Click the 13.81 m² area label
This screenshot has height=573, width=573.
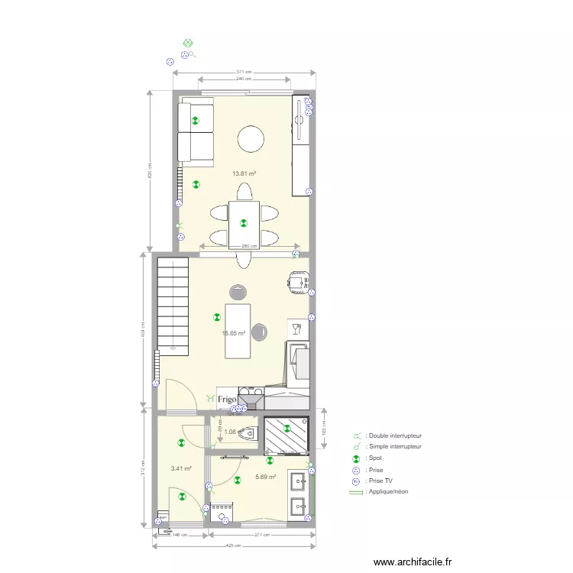[244, 173]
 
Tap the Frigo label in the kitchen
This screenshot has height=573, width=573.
[226, 399]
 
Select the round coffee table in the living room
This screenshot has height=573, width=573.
[251, 140]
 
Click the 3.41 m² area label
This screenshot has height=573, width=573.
[180, 468]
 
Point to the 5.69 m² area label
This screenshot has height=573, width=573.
[264, 477]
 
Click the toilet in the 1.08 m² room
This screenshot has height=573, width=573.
[247, 434]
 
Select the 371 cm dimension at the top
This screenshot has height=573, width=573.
[244, 72]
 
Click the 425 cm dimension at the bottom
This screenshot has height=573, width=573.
[233, 545]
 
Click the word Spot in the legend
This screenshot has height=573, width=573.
[374, 458]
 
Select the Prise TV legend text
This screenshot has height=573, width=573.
[380, 481]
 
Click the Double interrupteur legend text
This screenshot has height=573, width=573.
[395, 435]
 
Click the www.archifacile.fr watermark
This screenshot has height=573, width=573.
[413, 562]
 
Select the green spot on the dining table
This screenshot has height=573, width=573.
[244, 223]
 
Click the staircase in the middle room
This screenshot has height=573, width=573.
[172, 306]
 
